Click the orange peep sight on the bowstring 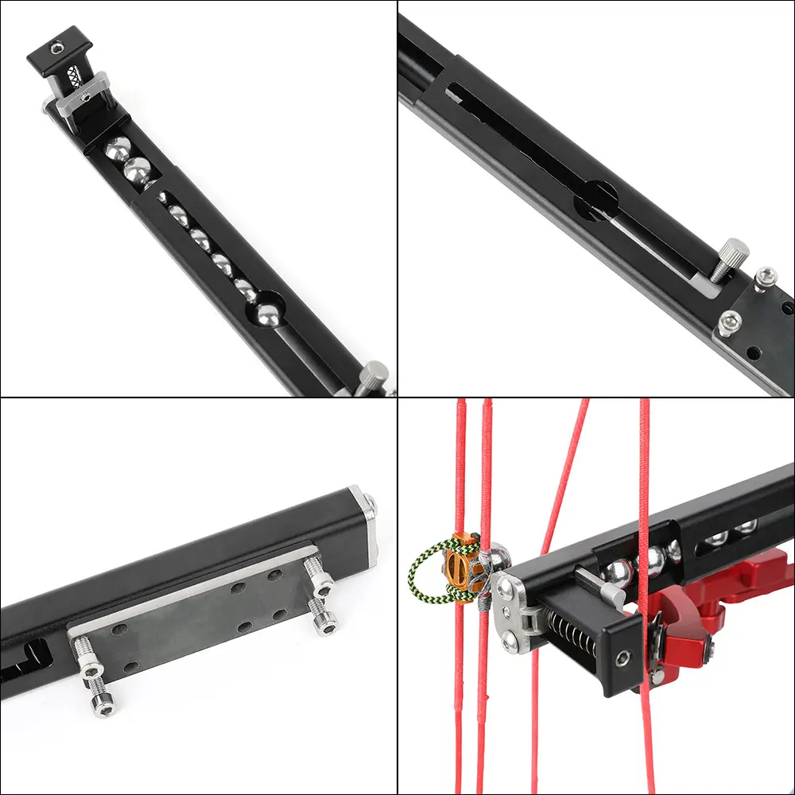459,566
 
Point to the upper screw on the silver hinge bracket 506,589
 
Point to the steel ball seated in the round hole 268,311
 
